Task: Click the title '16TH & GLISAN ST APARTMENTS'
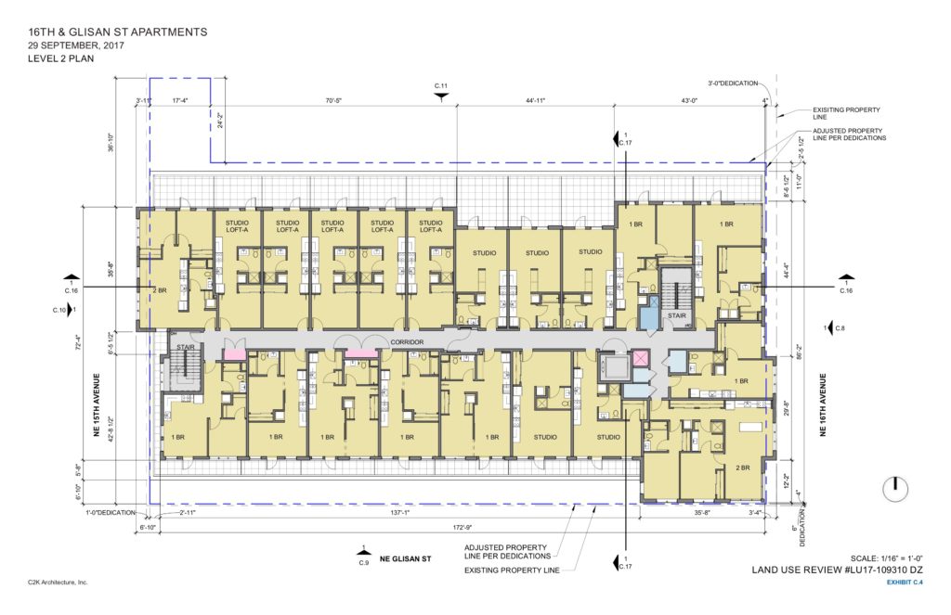click(118, 32)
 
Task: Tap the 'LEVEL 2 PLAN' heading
click(68, 58)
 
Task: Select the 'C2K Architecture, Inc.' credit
click(58, 582)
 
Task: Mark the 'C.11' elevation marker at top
click(441, 86)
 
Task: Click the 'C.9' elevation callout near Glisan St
click(363, 562)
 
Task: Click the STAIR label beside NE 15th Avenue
click(182, 348)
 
